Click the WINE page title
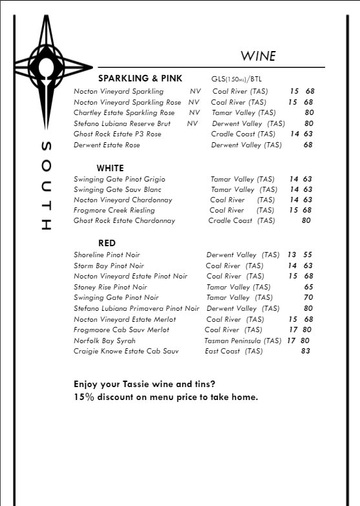pos(259,56)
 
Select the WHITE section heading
pos(111,167)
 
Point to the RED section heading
pos(107,243)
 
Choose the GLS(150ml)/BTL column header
pos(238,79)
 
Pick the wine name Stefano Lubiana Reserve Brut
pos(122,123)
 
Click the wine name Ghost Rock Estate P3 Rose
pos(118,134)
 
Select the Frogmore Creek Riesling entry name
pos(114,210)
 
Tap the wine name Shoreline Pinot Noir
pos(107,255)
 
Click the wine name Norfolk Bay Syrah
pos(104,341)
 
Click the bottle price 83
pos(305,351)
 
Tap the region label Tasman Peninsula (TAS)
pos(242,341)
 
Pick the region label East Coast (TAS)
pos(233,351)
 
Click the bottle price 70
pos(308,298)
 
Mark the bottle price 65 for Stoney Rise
pos(308,287)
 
